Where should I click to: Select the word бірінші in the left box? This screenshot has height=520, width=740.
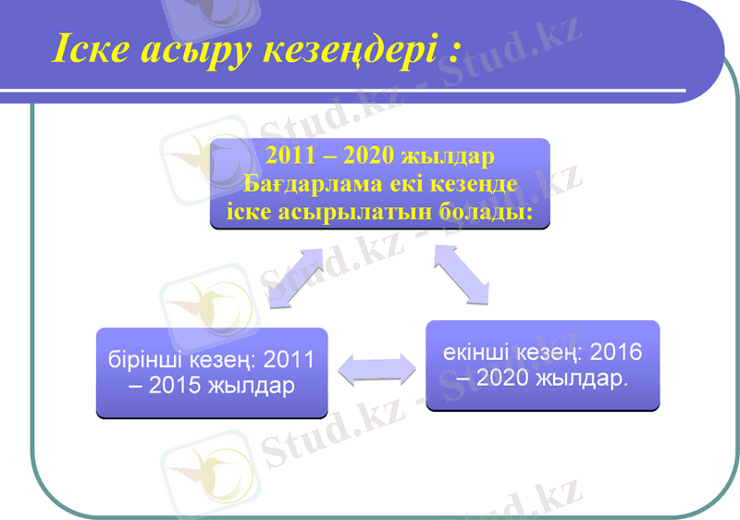[x=142, y=358]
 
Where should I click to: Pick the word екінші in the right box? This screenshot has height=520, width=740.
[x=477, y=352]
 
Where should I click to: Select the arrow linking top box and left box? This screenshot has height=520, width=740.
[x=297, y=275]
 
